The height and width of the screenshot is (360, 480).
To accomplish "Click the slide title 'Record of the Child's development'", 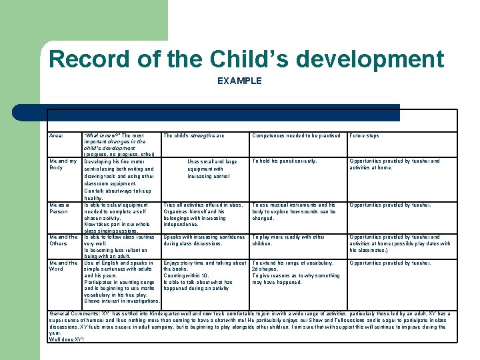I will pyautogui.click(x=246, y=59).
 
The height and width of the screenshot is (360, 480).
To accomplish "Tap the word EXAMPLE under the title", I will pyautogui.click(x=239, y=81).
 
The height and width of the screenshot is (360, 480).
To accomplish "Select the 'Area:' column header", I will pyautogui.click(x=56, y=135).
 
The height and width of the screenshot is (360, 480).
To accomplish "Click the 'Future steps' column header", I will pyautogui.click(x=364, y=135).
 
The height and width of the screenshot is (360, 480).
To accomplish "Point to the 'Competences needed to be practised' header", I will pyautogui.click(x=295, y=135).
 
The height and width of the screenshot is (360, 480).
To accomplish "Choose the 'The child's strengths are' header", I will pyautogui.click(x=194, y=135).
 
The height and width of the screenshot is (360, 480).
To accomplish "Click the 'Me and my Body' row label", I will pyautogui.click(x=63, y=164).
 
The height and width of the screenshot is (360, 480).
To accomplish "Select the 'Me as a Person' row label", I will pyautogui.click(x=59, y=208).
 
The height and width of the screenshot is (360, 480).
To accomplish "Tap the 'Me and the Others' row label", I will pyautogui.click(x=63, y=240).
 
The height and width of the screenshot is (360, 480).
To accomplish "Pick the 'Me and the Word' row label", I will pyautogui.click(x=63, y=266).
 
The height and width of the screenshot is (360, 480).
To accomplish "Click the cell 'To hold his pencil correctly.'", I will pyautogui.click(x=285, y=161).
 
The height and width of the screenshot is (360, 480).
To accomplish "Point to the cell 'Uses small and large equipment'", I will pyautogui.click(x=212, y=169).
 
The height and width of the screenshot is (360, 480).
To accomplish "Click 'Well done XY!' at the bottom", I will pyautogui.click(x=66, y=339).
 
